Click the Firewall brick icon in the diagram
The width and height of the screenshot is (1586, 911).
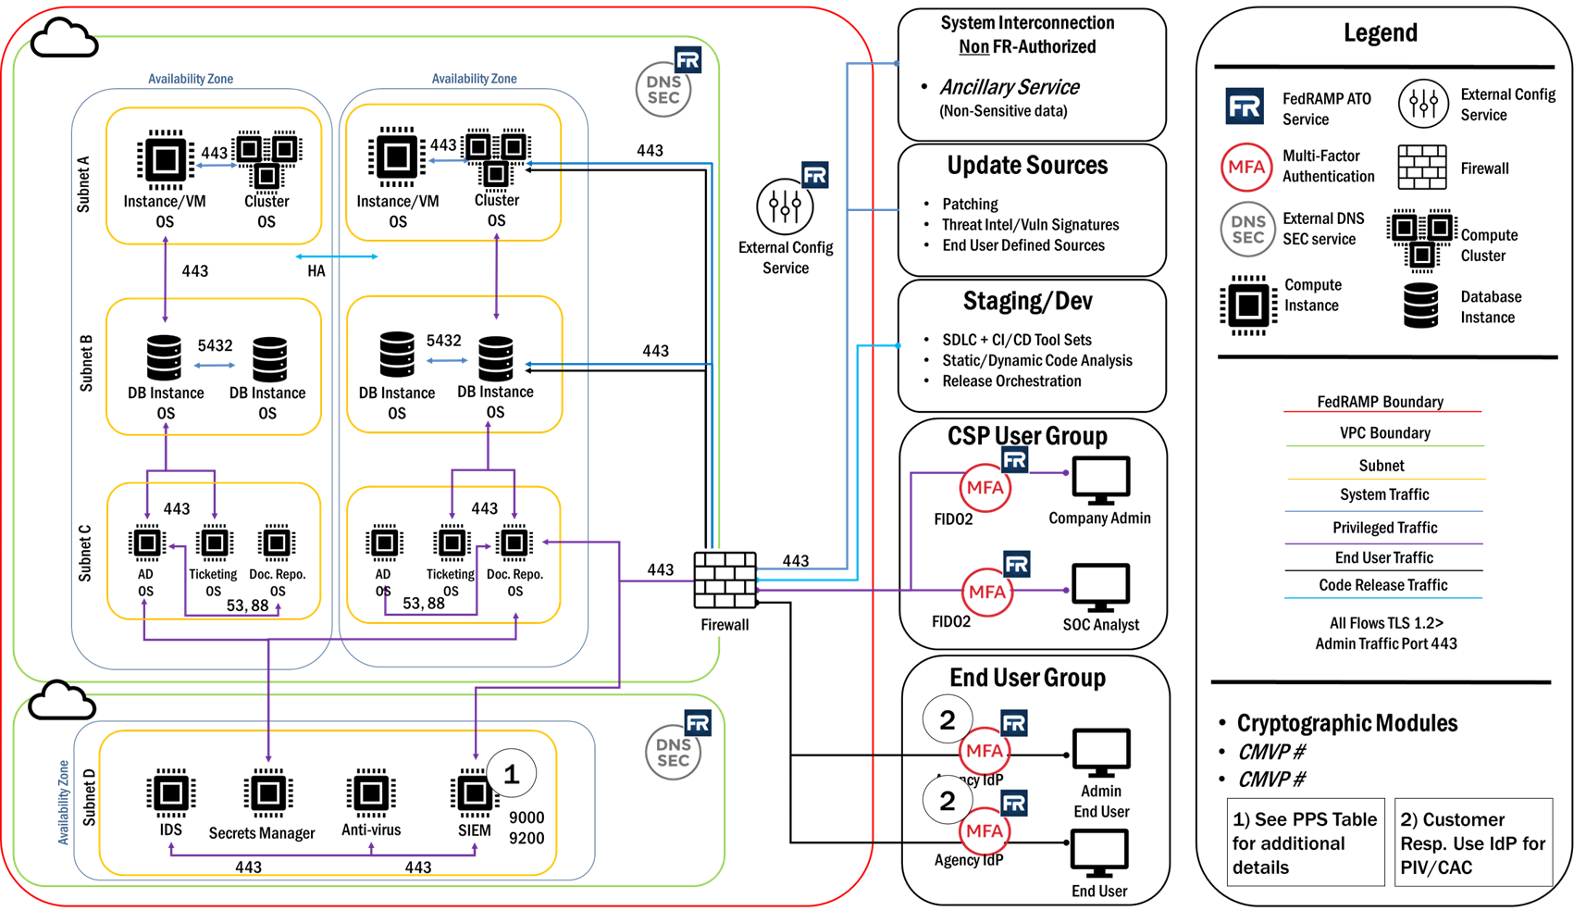point(725,580)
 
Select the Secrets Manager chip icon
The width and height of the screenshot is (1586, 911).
point(268,793)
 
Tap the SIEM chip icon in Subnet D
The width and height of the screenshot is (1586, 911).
point(473,792)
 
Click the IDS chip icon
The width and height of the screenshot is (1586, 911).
point(171,793)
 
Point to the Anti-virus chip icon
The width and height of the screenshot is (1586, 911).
point(371,793)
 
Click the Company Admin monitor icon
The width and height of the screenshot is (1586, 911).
point(1100,480)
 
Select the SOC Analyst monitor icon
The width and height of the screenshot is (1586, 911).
point(1100,587)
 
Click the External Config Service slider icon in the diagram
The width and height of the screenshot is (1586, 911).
point(785,206)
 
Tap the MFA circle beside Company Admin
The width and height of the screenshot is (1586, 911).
point(985,488)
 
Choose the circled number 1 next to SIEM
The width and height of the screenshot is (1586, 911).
point(511,774)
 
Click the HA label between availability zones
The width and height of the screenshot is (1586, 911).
point(316,271)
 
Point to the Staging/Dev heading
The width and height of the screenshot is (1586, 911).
point(1027,302)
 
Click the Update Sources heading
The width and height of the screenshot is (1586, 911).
point(1027,166)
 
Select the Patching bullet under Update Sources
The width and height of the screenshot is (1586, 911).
point(969,204)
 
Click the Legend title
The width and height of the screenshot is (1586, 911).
point(1380,33)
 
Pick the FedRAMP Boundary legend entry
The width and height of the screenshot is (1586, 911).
point(1380,402)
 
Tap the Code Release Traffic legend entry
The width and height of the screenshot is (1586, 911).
point(1382,585)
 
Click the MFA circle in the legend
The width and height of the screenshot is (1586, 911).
point(1245,168)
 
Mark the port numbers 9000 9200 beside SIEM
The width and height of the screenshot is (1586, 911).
point(527,828)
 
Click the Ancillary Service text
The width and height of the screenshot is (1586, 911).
point(1010,87)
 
